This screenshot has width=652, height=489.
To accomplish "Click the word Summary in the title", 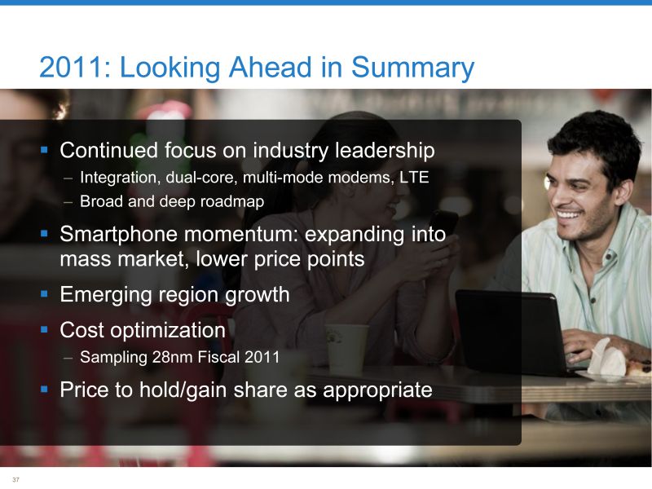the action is click(412, 68).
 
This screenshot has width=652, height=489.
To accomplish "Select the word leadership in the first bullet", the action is click(385, 151).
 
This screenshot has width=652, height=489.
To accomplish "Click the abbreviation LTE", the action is click(414, 177).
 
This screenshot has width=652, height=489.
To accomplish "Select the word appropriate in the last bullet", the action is click(377, 390).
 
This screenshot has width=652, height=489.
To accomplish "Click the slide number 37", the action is click(15, 479).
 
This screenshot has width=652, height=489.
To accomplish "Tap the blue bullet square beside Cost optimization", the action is click(45, 330).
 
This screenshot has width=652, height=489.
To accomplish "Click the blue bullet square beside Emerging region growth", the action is click(45, 294).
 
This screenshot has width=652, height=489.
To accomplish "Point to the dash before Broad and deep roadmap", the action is click(68, 202).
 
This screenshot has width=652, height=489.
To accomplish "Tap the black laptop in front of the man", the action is click(513, 333).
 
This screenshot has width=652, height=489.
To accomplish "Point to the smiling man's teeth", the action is click(569, 215).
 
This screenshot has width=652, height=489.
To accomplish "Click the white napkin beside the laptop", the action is click(605, 357).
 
